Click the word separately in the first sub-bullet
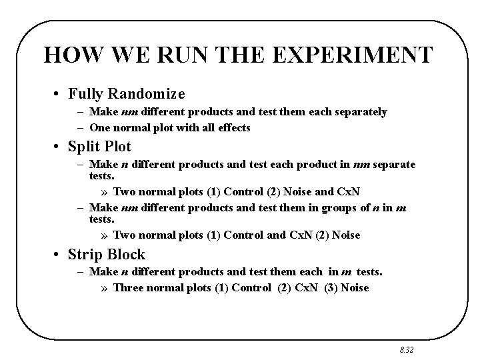click(363, 112)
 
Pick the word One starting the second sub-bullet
click(99, 127)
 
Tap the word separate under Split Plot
click(394, 164)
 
